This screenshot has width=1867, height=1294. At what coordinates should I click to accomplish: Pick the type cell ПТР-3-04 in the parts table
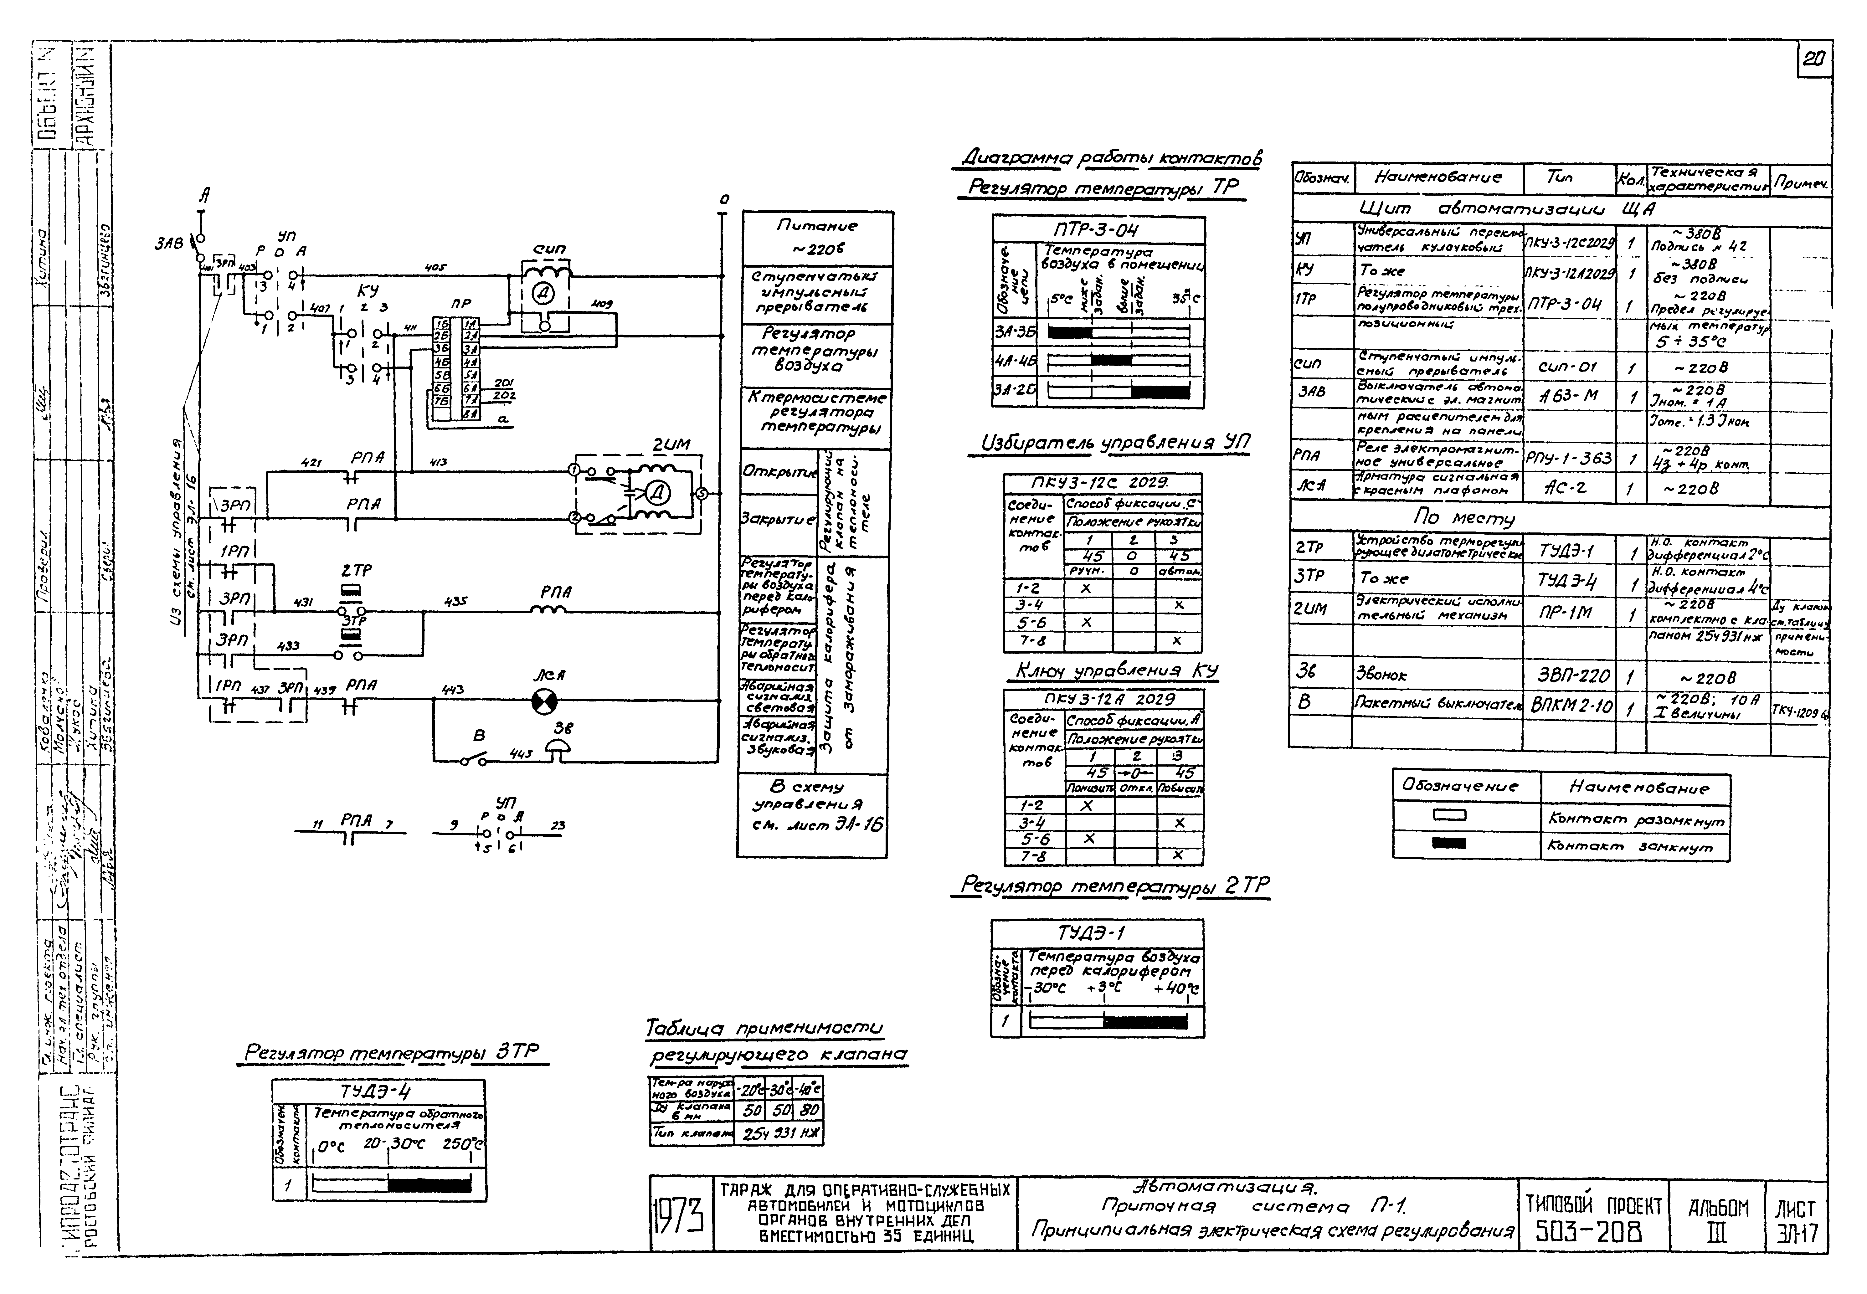coord(1569,305)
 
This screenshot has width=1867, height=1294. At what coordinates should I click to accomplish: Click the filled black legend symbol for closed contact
coord(1449,843)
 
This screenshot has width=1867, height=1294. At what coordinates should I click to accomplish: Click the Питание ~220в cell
coord(817,237)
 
